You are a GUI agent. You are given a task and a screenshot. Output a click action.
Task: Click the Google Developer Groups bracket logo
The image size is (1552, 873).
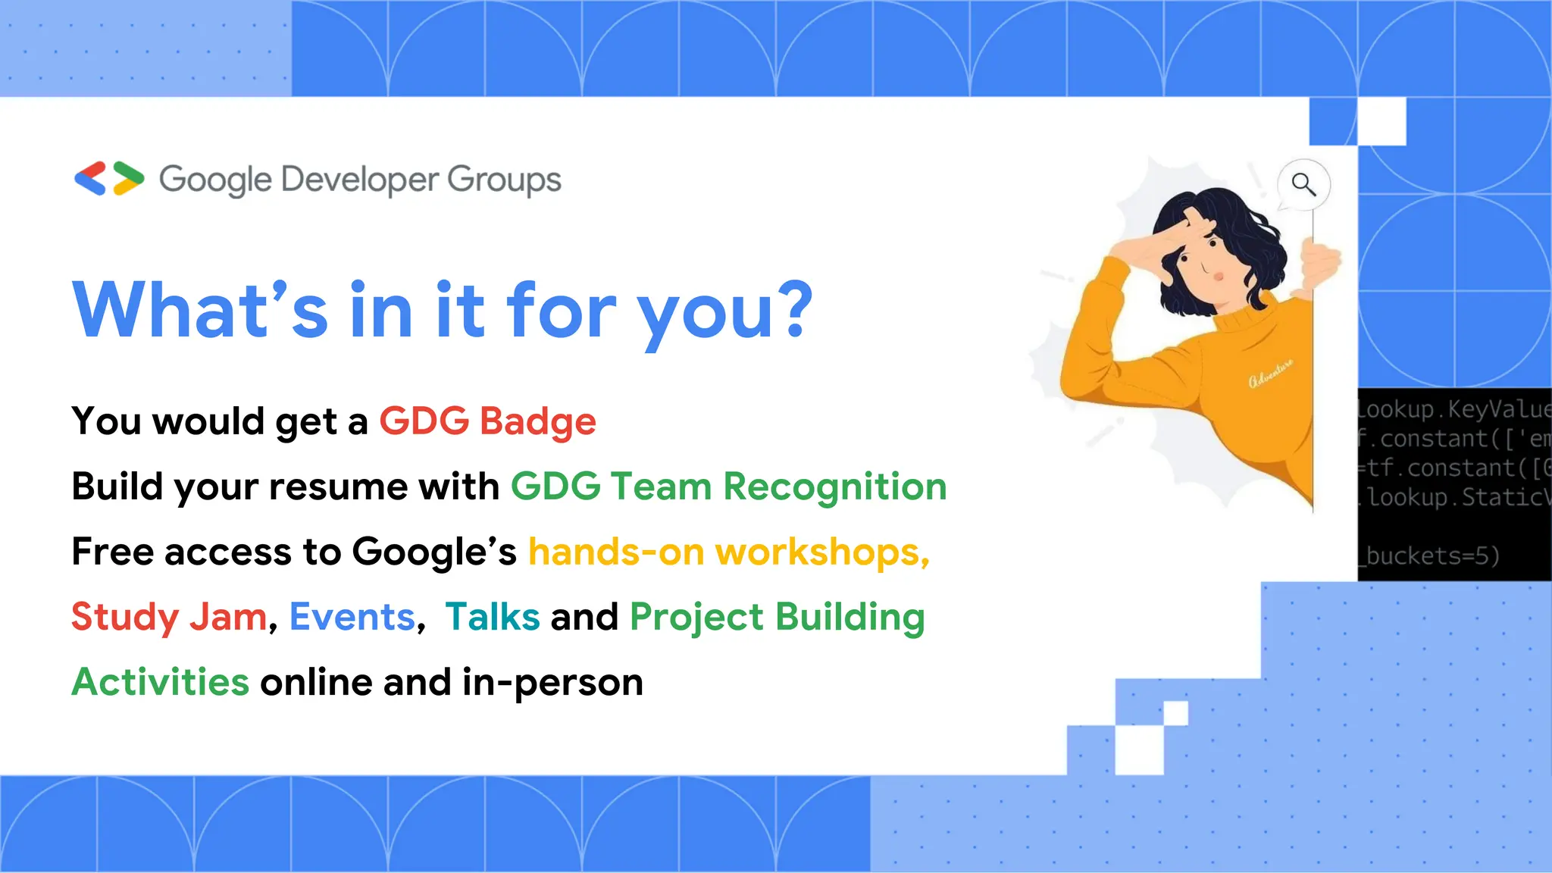(109, 179)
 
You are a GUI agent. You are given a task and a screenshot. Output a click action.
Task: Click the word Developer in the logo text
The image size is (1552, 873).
(360, 180)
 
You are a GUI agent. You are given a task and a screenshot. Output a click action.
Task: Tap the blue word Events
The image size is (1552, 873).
(352, 617)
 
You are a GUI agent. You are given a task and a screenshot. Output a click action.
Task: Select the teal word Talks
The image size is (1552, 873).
(492, 617)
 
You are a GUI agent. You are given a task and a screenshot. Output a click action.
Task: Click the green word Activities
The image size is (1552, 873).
(160, 682)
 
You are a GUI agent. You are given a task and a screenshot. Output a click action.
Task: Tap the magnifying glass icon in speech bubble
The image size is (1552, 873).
(1303, 184)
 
